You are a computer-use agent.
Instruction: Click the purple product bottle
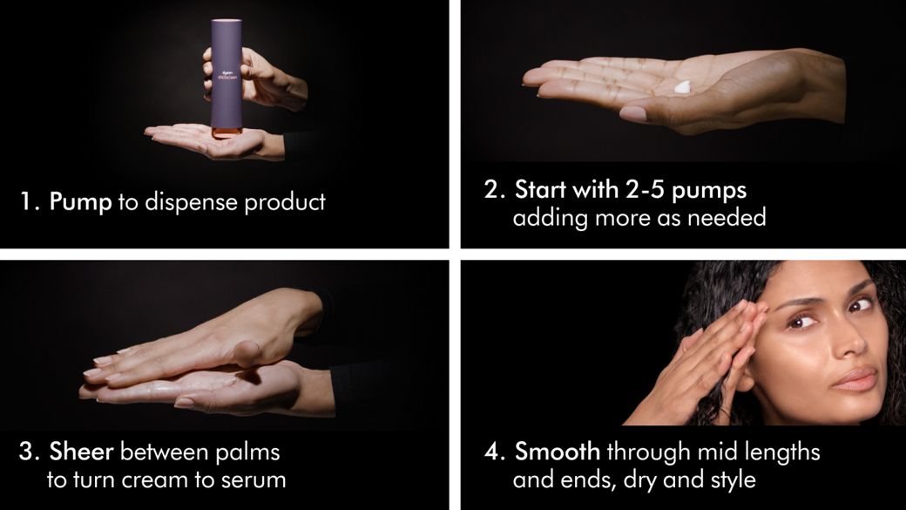(x=226, y=78)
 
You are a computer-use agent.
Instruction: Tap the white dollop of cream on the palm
(x=682, y=87)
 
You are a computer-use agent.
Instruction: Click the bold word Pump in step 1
(x=80, y=202)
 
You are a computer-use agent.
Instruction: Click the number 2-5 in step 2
(x=646, y=190)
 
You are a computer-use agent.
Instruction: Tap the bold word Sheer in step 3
(x=81, y=452)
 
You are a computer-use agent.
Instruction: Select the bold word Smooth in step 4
(x=558, y=452)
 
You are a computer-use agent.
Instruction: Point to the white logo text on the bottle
(x=224, y=76)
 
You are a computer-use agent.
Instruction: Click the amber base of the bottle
(x=226, y=133)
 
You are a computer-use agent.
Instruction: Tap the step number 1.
(x=28, y=201)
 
